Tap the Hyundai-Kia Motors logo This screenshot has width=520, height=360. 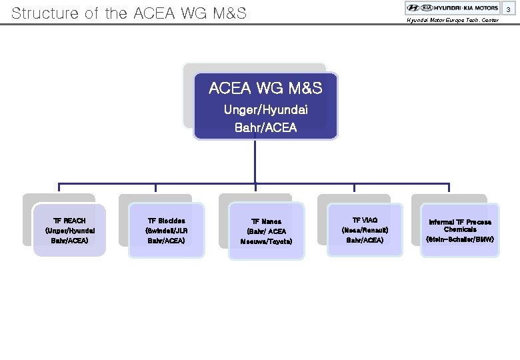(452, 8)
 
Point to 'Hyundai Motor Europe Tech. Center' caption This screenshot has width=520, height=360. (453, 20)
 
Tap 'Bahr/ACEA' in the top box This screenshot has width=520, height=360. (266, 127)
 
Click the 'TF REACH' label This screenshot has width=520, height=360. (69, 220)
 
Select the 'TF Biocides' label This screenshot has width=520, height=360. (167, 220)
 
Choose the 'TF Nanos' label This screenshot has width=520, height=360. (266, 221)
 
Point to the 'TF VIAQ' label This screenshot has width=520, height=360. (365, 220)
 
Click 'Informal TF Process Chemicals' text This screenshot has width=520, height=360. (460, 225)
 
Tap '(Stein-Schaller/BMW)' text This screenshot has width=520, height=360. (460, 238)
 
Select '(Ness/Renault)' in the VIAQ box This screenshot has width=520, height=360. (365, 230)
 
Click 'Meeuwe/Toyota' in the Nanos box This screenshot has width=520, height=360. (266, 241)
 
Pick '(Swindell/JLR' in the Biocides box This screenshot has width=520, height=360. (167, 230)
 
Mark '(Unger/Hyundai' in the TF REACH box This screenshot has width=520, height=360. (69, 230)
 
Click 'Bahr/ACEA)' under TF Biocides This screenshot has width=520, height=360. (167, 240)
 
